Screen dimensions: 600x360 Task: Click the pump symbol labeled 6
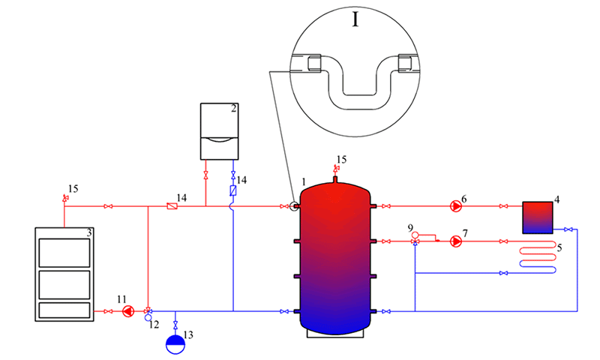coord(456,206)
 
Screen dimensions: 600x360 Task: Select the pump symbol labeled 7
coord(456,241)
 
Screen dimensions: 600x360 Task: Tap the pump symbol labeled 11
coord(128,311)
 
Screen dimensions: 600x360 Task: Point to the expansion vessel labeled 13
coord(175,344)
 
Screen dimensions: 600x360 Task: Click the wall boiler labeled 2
coord(220,131)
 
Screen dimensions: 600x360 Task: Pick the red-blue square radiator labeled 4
coord(538,217)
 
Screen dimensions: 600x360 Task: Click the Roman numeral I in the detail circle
coord(355,19)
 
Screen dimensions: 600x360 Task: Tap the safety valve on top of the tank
coord(335,168)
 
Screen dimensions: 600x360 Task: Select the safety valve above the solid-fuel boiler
coord(64,198)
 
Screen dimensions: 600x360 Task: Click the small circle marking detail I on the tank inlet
coord(294,206)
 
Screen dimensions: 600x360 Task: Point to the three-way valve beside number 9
coord(415,241)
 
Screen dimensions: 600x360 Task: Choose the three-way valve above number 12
coord(148,310)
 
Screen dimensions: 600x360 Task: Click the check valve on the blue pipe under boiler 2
coord(232,190)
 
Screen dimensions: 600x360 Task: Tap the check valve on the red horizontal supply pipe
coord(172,206)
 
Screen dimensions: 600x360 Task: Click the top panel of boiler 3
coord(64,253)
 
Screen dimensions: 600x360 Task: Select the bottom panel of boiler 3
coord(64,310)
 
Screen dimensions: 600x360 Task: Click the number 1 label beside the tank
coord(304,181)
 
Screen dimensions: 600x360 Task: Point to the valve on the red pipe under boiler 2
coord(205,175)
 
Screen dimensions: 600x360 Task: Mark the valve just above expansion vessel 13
coord(175,325)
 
